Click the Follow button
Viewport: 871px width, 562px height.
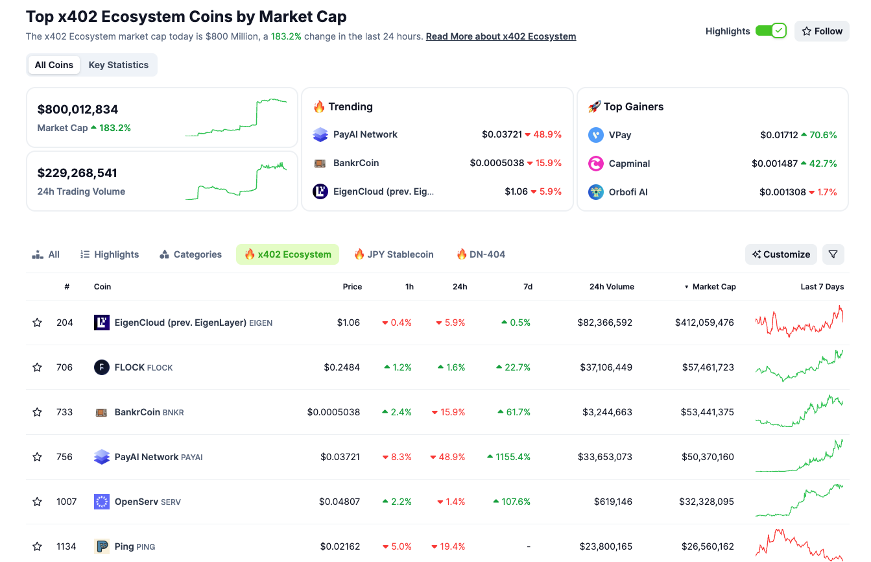click(822, 31)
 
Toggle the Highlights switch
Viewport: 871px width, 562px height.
click(770, 31)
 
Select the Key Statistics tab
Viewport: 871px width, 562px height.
click(118, 65)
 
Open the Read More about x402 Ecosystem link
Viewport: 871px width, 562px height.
click(501, 36)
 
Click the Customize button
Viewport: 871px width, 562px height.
click(781, 254)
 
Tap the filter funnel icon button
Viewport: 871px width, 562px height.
click(833, 254)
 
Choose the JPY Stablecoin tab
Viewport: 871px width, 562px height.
click(394, 254)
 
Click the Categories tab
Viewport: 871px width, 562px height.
click(191, 254)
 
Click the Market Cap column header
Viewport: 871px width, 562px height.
click(713, 287)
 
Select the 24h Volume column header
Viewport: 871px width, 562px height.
click(612, 287)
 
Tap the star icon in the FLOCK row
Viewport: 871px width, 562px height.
click(37, 367)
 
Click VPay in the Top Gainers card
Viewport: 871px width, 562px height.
click(619, 135)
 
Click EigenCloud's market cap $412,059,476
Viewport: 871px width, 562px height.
click(704, 323)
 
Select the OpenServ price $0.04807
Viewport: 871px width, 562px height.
click(339, 502)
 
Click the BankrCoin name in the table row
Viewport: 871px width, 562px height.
click(137, 412)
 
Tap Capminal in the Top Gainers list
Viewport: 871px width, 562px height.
click(629, 164)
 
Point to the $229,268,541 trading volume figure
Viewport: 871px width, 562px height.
click(77, 173)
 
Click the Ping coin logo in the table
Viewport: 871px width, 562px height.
click(102, 546)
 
